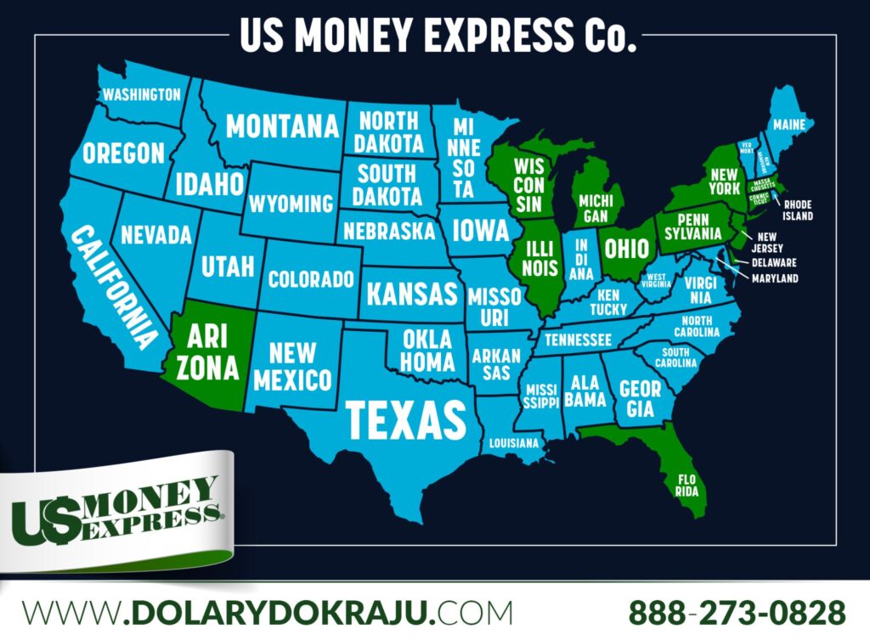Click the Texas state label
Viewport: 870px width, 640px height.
click(x=405, y=418)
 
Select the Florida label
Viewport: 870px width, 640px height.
click(x=686, y=483)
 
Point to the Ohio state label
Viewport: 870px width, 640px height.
click(x=627, y=248)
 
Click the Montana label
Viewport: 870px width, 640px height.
click(x=282, y=126)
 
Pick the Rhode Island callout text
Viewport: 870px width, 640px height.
click(x=798, y=210)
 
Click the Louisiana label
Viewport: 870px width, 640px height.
click(x=513, y=442)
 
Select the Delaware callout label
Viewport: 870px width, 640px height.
click(x=773, y=262)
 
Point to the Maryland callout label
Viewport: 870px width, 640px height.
click(x=774, y=278)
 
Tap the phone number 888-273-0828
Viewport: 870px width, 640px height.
click(x=737, y=611)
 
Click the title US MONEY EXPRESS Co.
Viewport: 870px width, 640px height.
click(x=438, y=36)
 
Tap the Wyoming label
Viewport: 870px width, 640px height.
click(x=291, y=204)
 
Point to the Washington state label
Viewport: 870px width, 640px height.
click(x=141, y=94)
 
